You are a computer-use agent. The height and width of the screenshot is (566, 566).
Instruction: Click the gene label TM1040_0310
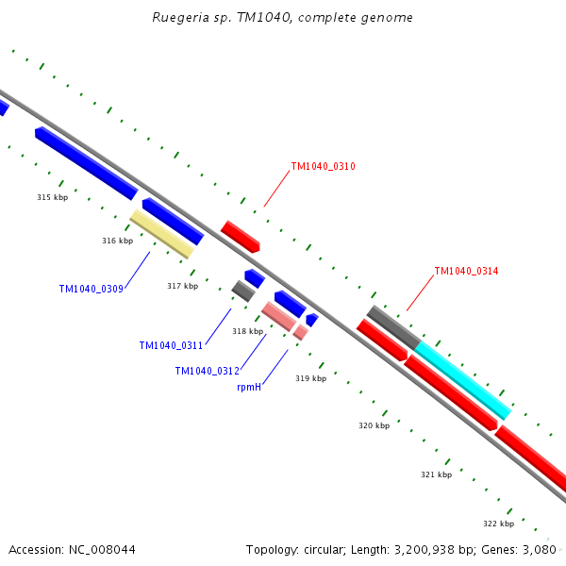[323, 166]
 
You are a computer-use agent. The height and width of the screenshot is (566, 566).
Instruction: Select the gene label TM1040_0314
[466, 271]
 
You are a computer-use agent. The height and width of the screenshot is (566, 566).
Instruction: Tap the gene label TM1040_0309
[91, 289]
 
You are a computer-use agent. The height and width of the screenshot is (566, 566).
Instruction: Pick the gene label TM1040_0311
[171, 345]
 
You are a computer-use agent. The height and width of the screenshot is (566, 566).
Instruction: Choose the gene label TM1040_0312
[207, 371]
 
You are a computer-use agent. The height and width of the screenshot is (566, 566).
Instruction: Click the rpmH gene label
[249, 387]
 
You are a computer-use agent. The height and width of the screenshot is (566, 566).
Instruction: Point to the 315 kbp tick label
[53, 197]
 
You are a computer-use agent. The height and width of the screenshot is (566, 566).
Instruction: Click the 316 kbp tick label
[118, 241]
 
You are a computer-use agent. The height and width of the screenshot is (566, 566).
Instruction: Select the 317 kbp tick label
[183, 286]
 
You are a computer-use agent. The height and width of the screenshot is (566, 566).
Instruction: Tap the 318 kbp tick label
[247, 331]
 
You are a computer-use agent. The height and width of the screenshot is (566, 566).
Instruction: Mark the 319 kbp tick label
[310, 378]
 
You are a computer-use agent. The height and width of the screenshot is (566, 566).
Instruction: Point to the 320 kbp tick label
[375, 425]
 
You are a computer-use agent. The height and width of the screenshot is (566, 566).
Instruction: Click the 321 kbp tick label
[436, 474]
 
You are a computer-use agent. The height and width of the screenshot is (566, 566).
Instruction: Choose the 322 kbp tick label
[498, 524]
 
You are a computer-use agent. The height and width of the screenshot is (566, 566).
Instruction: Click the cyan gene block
[462, 379]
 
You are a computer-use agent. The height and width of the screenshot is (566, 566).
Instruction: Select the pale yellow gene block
[161, 234]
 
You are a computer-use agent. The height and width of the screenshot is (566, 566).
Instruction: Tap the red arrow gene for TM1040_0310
[240, 236]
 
